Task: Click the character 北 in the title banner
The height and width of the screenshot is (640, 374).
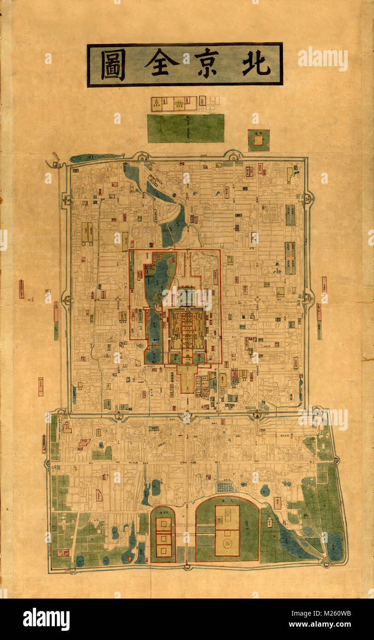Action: tap(256, 64)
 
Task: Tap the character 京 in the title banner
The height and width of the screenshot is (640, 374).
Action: tap(206, 64)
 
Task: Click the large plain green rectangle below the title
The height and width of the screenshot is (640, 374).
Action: tap(186, 128)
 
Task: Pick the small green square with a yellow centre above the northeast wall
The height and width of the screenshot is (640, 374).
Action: tap(258, 140)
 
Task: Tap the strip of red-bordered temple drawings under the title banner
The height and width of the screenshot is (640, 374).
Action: tap(174, 104)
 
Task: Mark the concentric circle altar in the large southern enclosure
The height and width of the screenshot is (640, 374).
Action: tap(227, 543)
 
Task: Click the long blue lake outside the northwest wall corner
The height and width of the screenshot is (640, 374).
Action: tap(96, 157)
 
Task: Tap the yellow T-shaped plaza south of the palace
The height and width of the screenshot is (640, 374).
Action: tap(187, 376)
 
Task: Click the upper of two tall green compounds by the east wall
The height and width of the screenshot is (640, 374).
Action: tap(290, 215)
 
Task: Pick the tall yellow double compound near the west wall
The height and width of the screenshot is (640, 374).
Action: tap(87, 233)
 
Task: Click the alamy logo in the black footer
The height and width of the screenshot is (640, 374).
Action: tap(46, 619)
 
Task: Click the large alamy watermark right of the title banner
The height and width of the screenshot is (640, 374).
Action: tap(322, 59)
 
